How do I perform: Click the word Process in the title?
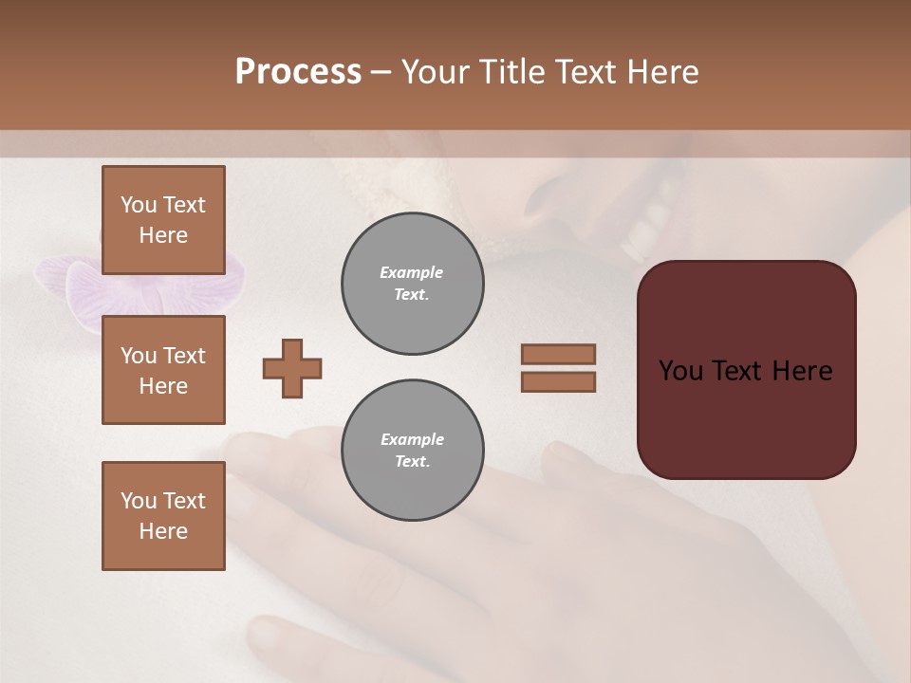click(x=298, y=72)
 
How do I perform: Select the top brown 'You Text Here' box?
click(x=163, y=220)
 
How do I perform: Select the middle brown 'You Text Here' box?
click(x=163, y=370)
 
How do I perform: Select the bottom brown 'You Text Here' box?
click(x=163, y=516)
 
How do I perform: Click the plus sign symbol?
click(x=292, y=368)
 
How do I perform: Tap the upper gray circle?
click(x=413, y=284)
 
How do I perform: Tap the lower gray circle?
click(x=413, y=451)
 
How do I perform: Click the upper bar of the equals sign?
click(x=558, y=354)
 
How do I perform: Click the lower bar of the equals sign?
click(x=558, y=381)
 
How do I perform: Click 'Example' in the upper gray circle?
click(x=412, y=272)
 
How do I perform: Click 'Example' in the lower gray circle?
click(x=412, y=439)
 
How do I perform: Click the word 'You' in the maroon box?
click(x=680, y=371)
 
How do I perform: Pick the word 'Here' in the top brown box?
click(x=163, y=235)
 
